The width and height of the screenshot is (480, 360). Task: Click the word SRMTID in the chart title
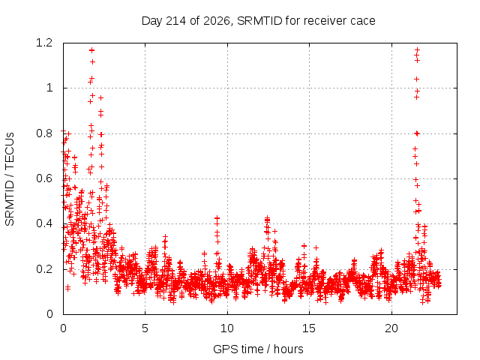tap(259, 21)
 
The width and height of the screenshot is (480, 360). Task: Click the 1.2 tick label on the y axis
tap(44, 43)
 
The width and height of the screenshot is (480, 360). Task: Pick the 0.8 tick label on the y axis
tap(44, 133)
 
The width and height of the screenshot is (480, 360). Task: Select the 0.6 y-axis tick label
tap(44, 178)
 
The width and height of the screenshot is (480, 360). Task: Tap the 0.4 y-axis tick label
tap(44, 223)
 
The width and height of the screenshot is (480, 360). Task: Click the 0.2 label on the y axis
tap(44, 269)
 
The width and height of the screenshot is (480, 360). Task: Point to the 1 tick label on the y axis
tap(49, 88)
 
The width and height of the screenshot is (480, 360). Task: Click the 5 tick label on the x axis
tap(145, 328)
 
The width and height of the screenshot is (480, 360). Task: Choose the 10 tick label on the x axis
tap(227, 328)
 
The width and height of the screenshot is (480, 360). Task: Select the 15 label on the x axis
tap(309, 328)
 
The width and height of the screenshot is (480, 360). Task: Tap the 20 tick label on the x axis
tap(391, 328)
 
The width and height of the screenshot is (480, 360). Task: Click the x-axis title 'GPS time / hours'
tap(258, 349)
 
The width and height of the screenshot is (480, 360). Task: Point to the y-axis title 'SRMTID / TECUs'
tap(10, 179)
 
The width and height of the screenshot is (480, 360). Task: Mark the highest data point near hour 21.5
tap(417, 50)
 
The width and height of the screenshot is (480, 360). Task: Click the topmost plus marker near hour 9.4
tap(217, 218)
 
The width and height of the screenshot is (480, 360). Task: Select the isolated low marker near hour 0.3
tap(67, 288)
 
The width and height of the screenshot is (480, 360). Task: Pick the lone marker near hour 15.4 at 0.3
tap(316, 247)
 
